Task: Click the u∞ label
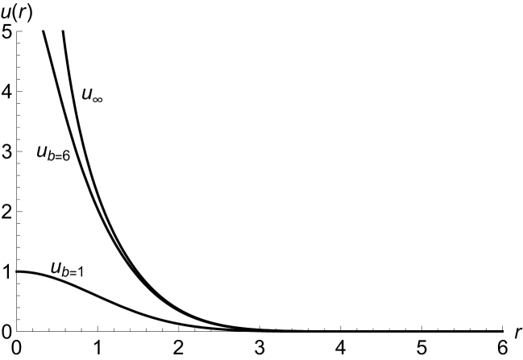pos(92,93)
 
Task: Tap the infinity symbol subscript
pos(97,97)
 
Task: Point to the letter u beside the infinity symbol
pos(87,91)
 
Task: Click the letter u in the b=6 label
pos(40,149)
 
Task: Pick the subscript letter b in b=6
pos(49,155)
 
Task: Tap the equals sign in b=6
pos(56,155)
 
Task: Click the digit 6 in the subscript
pos(64,155)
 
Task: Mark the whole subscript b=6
pos(57,155)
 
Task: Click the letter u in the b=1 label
pos(56,266)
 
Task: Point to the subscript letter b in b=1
pos(64,271)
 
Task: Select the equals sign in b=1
pos(72,272)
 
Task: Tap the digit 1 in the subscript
pos(80,271)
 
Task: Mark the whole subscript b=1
pos(73,271)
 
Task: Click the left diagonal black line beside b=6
pos(77,151)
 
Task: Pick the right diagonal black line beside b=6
pos(82,151)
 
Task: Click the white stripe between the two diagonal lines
pos(80,151)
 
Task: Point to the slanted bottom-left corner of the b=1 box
pos(52,276)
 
